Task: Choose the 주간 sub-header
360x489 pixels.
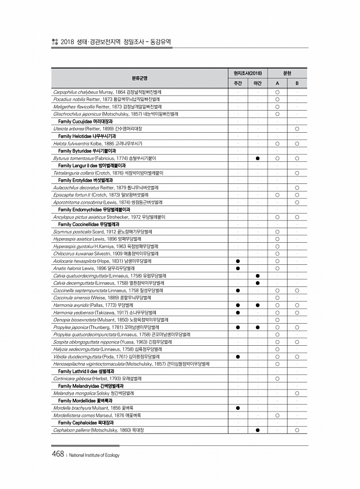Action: point(237,83)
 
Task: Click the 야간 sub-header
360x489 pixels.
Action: point(257,83)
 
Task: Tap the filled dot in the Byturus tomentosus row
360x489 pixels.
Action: point(257,158)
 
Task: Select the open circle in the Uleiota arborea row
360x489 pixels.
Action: point(297,127)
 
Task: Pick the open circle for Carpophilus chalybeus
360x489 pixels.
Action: point(277,92)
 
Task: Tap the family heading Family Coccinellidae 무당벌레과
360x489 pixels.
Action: point(88,224)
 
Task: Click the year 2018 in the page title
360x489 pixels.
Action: point(68,42)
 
